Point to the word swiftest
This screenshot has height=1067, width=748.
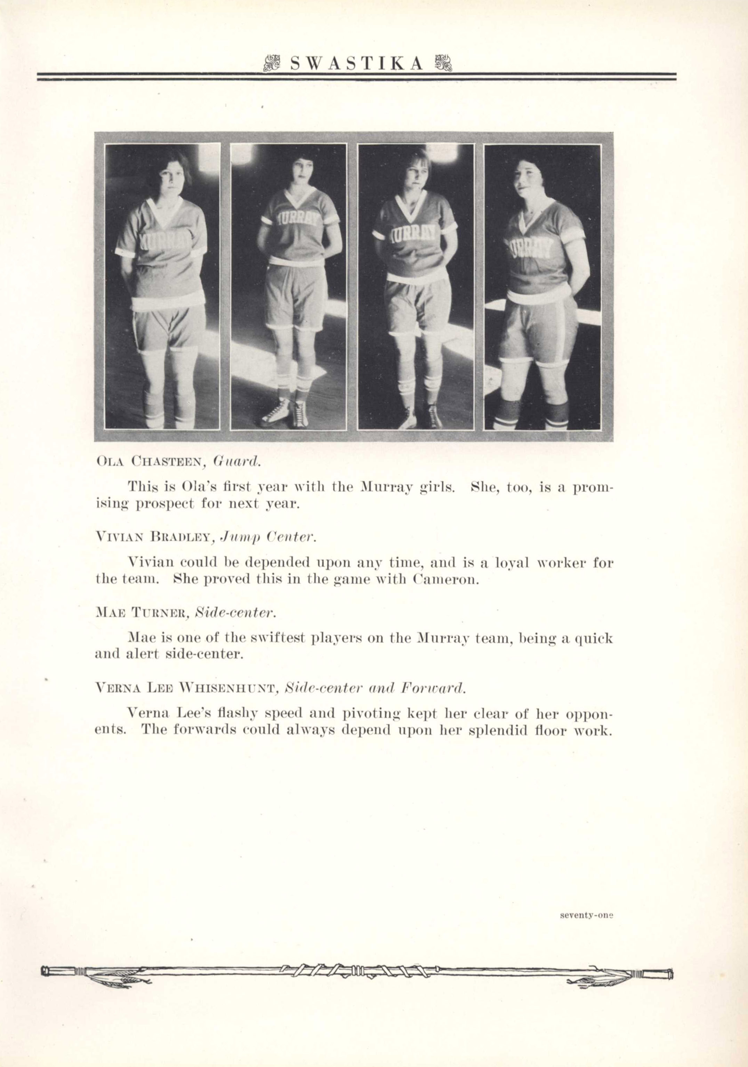point(276,638)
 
